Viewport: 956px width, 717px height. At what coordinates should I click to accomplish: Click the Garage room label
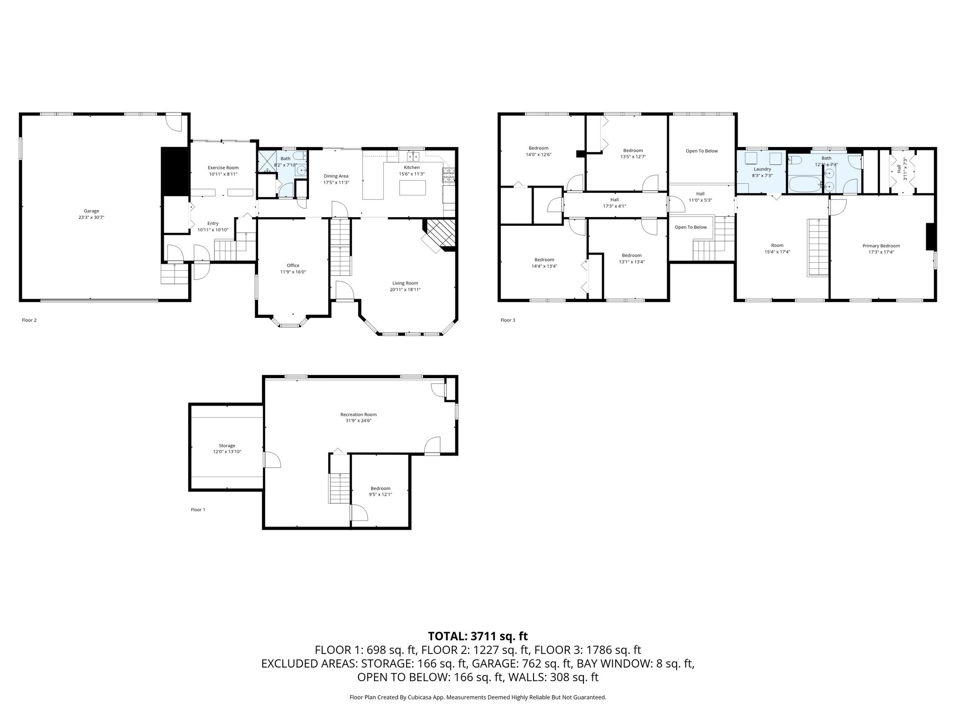pyautogui.click(x=91, y=211)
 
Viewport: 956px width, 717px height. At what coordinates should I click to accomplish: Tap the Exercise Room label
pyautogui.click(x=223, y=168)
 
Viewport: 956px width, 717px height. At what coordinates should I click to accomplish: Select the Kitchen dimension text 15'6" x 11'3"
pyautogui.click(x=412, y=174)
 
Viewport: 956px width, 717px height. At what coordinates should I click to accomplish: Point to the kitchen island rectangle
pyautogui.click(x=413, y=188)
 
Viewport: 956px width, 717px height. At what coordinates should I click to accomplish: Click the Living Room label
pyautogui.click(x=405, y=283)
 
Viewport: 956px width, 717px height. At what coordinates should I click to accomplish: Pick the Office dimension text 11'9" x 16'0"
pyautogui.click(x=293, y=272)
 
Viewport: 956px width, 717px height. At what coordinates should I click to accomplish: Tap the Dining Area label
pyautogui.click(x=336, y=176)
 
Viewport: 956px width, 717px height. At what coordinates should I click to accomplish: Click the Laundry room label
pyautogui.click(x=762, y=169)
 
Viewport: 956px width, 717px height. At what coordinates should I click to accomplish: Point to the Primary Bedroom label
pyautogui.click(x=881, y=246)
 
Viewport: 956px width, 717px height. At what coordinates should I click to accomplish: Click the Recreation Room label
pyautogui.click(x=358, y=415)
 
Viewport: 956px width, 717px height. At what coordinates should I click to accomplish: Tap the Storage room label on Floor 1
pyautogui.click(x=227, y=446)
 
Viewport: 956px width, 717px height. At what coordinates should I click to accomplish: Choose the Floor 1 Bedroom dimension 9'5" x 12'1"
pyautogui.click(x=380, y=494)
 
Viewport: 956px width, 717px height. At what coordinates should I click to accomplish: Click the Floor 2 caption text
pyautogui.click(x=29, y=320)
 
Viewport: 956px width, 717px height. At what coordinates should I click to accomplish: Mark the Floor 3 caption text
pyautogui.click(x=508, y=320)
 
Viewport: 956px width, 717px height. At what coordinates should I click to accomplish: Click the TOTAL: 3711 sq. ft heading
pyautogui.click(x=478, y=636)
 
